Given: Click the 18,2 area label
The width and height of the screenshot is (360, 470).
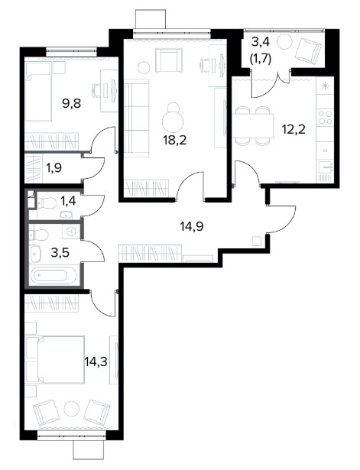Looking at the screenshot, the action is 175,140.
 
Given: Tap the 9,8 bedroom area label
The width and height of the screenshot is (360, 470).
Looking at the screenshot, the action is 72,104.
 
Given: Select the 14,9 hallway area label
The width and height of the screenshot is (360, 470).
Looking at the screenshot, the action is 192,226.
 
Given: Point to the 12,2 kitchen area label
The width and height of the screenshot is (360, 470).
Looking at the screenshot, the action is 294,129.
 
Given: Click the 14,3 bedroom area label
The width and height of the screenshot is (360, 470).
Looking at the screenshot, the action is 96,361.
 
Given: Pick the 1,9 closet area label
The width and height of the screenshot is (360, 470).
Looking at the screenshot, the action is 54,168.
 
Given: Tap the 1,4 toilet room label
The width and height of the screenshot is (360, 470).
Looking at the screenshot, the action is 68,201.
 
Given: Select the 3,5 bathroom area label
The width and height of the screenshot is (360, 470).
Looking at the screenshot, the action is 60,252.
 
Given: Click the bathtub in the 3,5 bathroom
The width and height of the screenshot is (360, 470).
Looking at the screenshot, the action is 50,276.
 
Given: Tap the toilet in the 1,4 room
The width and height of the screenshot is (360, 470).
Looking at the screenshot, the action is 47,203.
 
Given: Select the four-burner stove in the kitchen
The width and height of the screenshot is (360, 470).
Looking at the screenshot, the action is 325,117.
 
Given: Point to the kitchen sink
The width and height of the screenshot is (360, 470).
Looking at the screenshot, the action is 326,167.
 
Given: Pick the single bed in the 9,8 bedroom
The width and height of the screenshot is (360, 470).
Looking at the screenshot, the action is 39,92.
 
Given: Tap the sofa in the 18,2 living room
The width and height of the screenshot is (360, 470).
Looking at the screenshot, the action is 136,118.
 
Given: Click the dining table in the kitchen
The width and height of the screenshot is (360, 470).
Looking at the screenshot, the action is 253,126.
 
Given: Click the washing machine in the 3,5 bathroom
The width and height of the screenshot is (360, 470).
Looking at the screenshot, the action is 71,231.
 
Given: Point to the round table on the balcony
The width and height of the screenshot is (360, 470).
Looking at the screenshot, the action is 284,42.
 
